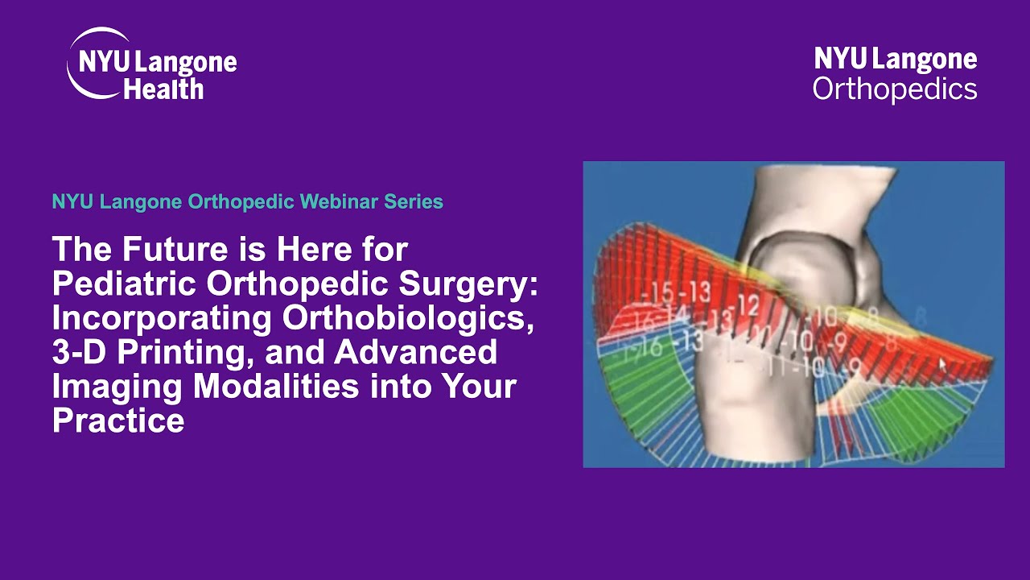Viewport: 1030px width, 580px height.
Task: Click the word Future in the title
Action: coord(164,249)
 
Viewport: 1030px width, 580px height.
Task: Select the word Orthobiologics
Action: coord(408,318)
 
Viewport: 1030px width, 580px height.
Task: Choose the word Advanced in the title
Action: coord(415,353)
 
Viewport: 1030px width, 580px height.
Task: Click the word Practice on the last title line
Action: coord(118,420)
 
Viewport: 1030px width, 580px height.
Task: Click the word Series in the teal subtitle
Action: coord(414,201)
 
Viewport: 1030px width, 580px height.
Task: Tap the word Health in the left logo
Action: coord(163,88)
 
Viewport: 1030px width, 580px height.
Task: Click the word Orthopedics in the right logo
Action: coord(895,88)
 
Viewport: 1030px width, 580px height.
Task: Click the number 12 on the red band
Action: coord(748,304)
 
